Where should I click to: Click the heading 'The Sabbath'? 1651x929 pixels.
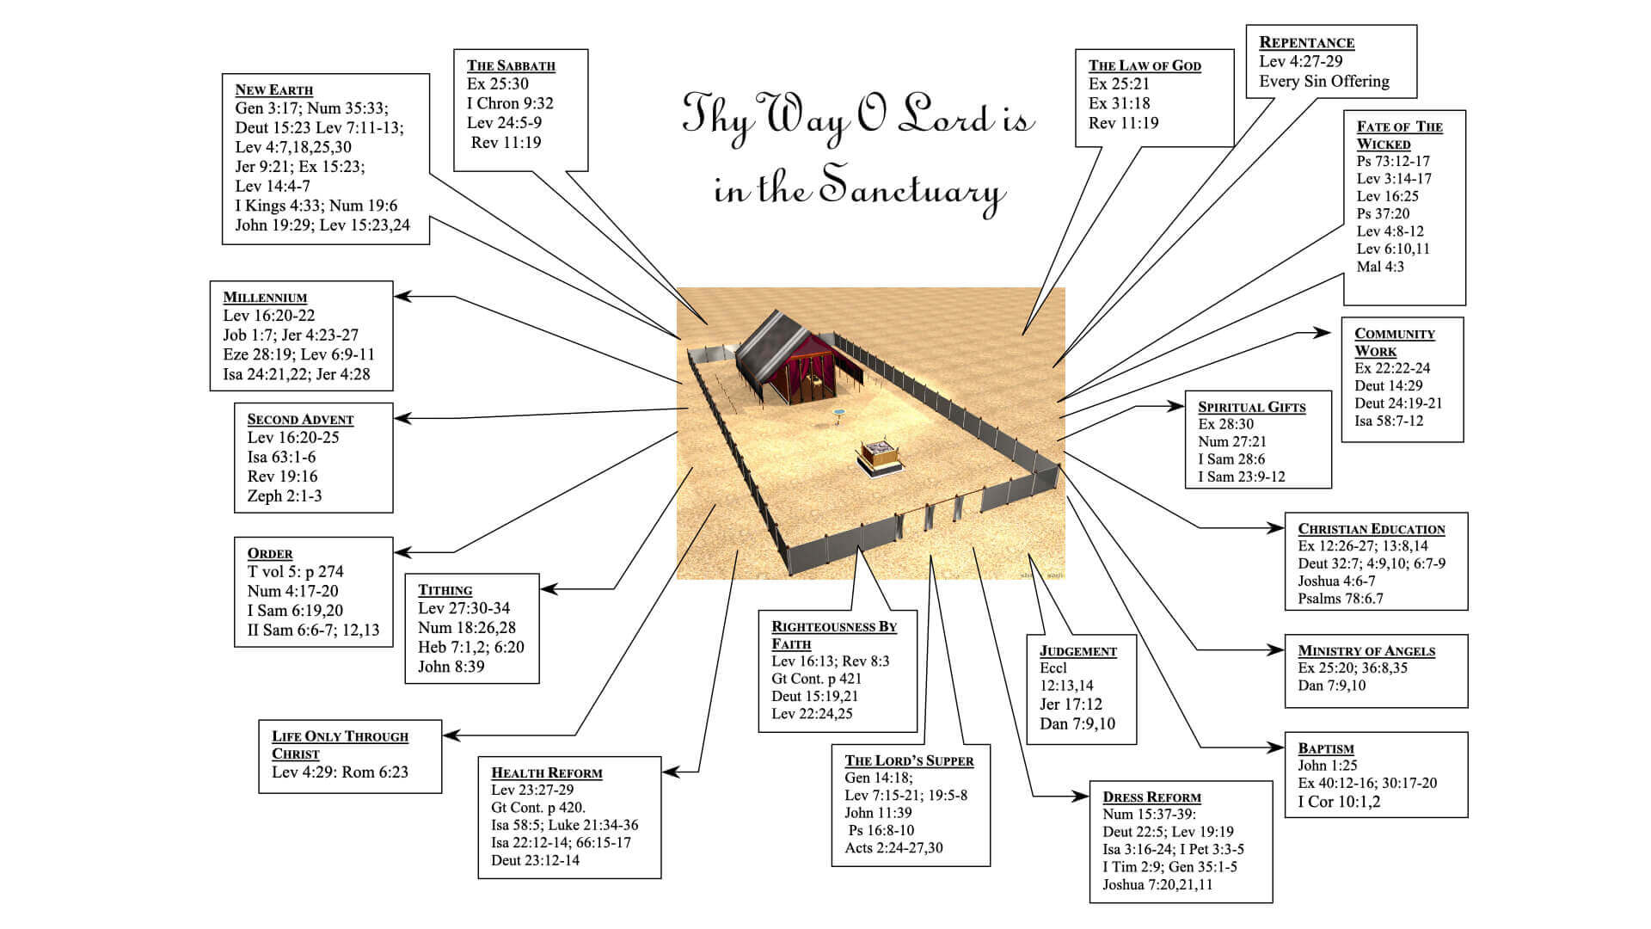point(511,65)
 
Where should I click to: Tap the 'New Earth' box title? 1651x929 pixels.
point(273,89)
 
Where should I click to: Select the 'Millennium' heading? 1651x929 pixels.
point(265,298)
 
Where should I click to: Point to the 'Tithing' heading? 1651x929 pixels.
point(445,590)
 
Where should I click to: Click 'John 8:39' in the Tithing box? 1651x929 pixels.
point(451,667)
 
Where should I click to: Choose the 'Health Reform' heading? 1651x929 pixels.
point(546,772)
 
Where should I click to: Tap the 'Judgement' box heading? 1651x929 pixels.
point(1077,651)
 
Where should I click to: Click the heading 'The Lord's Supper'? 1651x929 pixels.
point(909,760)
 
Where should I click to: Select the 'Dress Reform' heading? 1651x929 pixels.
point(1151,797)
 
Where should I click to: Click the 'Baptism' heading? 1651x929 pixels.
point(1325,748)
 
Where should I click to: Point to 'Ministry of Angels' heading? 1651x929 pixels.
point(1366,651)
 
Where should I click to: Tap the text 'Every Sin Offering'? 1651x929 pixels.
point(1323,82)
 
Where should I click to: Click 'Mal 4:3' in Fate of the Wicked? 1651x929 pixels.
point(1380,267)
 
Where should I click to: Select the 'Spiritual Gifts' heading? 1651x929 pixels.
point(1251,407)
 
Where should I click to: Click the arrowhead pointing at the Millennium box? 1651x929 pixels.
point(401,297)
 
